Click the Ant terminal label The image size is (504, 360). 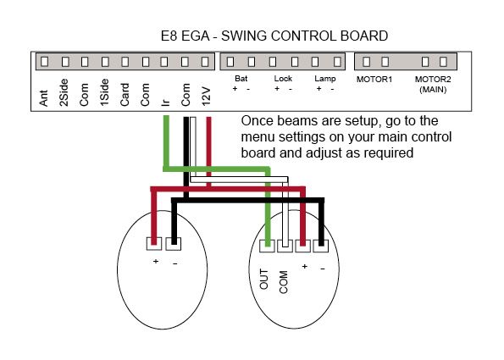click(44, 98)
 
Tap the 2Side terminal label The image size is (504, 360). click(64, 92)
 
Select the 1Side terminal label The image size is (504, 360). click(104, 92)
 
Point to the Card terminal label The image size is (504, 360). click(125, 95)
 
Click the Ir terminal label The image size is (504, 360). click(165, 102)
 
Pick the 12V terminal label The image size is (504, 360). click(206, 96)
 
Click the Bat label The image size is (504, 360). click(241, 79)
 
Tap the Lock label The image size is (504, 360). click(283, 79)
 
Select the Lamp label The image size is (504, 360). click(325, 79)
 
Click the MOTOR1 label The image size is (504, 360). click(374, 80)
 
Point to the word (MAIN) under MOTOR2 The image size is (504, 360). click(433, 89)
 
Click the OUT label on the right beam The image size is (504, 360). click(264, 280)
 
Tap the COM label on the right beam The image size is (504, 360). click(284, 282)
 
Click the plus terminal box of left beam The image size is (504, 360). click(154, 244)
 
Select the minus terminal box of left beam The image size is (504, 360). click(174, 244)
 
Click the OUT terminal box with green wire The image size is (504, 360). click(267, 246)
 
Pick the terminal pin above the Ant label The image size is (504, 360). click(44, 61)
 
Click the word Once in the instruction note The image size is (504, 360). click(257, 121)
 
